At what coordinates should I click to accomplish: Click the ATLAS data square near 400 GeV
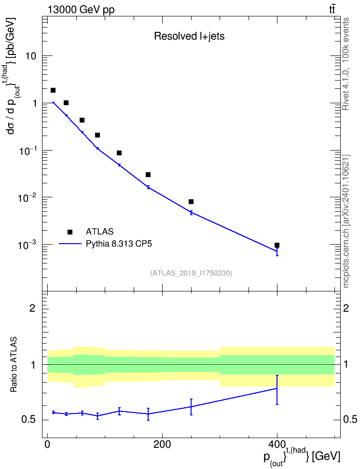[277, 245]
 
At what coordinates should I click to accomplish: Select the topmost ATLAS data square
[53, 90]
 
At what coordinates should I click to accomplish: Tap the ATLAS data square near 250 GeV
[191, 202]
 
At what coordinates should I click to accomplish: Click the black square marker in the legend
[70, 232]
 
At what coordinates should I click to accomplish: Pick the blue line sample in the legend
[70, 244]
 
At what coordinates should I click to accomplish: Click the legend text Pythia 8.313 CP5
[119, 244]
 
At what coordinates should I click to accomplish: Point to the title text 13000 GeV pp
[81, 10]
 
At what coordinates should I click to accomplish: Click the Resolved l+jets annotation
[189, 36]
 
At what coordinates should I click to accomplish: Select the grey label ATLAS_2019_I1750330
[191, 273]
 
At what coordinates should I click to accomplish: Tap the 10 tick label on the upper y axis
[30, 56]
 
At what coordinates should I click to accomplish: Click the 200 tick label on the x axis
[162, 444]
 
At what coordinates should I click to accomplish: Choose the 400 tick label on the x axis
[277, 444]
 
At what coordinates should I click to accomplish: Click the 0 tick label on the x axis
[47, 444]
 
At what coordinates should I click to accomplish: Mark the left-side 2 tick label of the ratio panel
[32, 308]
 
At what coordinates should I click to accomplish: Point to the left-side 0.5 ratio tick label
[29, 420]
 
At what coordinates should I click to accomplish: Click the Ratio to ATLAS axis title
[14, 364]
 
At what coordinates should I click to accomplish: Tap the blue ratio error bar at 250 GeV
[191, 407]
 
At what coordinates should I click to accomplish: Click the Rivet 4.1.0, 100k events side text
[346, 64]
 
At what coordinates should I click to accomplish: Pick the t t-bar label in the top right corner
[332, 10]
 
